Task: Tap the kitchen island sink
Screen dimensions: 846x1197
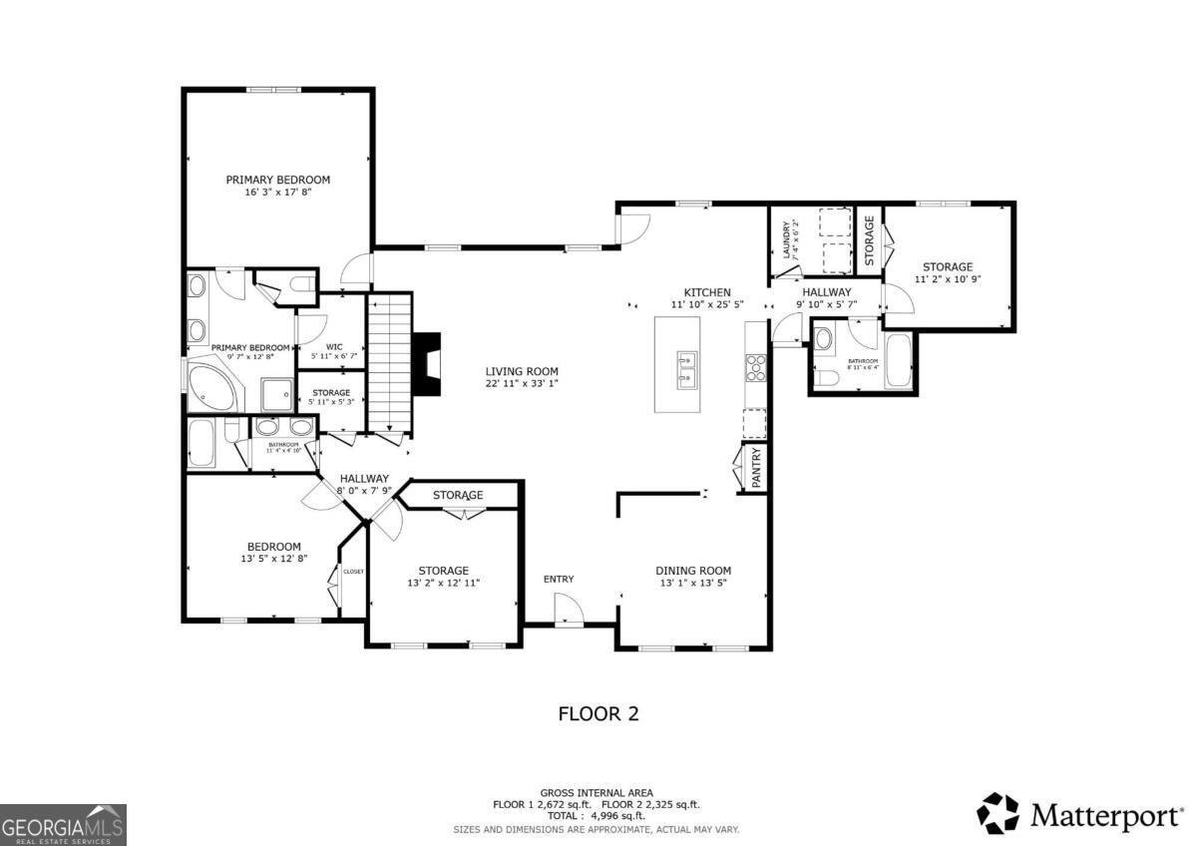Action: tap(687, 366)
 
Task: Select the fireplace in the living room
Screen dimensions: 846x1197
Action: tap(429, 365)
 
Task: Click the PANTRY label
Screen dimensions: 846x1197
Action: tap(756, 467)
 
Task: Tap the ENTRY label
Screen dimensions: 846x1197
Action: tap(559, 580)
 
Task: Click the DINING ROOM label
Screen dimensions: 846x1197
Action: tap(693, 571)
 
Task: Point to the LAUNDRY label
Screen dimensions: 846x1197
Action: tap(787, 240)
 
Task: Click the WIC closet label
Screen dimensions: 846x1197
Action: tap(334, 347)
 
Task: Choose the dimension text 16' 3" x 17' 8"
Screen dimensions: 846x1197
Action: tap(278, 193)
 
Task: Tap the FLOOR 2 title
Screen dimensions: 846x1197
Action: tap(598, 713)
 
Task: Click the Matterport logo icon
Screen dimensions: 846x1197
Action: tap(997, 813)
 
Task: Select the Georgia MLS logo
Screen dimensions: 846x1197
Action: tap(63, 824)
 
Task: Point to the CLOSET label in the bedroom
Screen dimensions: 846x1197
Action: tap(354, 572)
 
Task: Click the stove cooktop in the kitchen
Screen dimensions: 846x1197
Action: tap(756, 368)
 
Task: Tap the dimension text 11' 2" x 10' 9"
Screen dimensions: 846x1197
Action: tap(947, 280)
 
